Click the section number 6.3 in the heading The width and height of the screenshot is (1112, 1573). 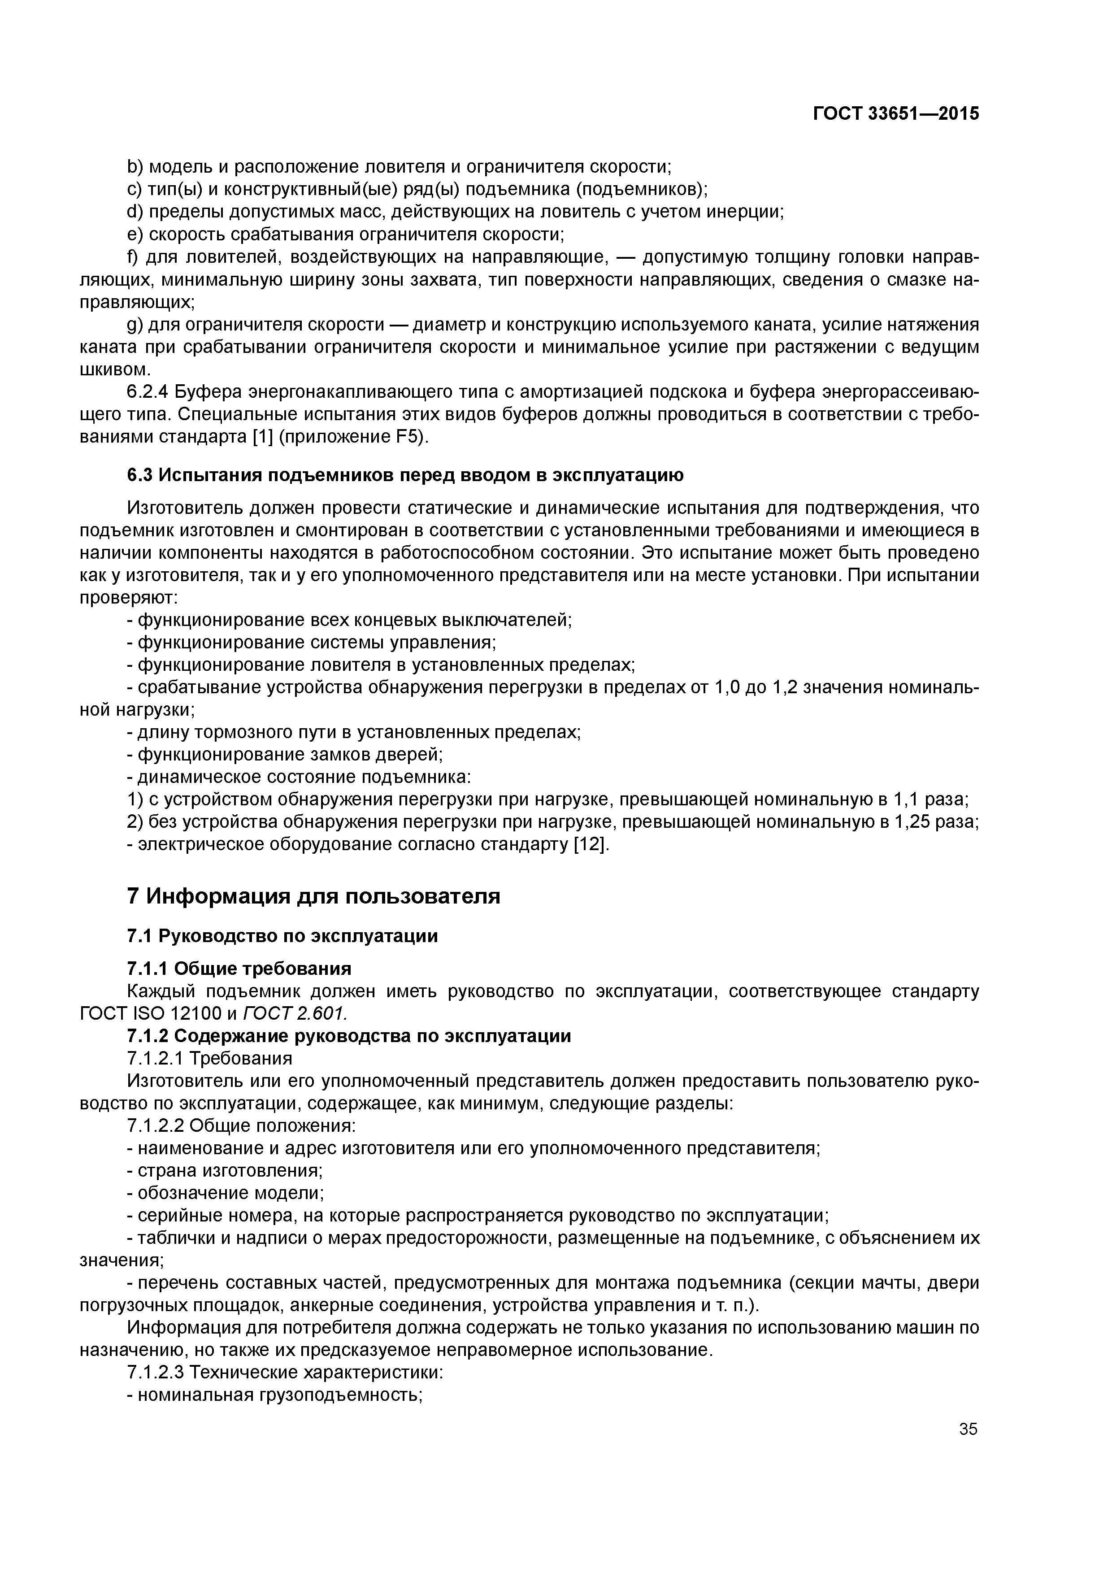(x=141, y=475)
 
